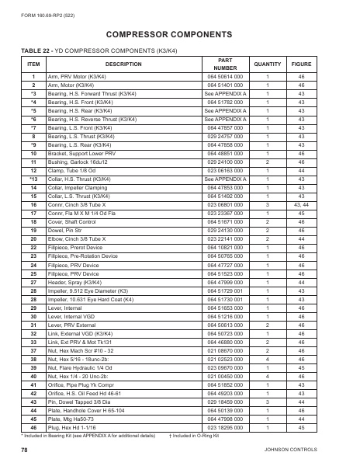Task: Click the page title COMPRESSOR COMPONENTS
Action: coord(179,35)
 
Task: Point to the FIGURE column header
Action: coord(301,63)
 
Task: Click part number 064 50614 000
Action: coord(225,78)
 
